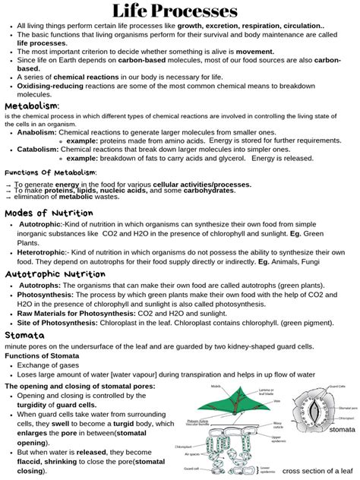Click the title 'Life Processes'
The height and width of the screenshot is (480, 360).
[x=180, y=11]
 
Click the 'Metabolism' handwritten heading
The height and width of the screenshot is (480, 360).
[x=32, y=105]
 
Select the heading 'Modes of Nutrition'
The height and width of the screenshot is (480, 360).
[x=49, y=213]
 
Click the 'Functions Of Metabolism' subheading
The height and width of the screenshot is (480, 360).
[x=50, y=172]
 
